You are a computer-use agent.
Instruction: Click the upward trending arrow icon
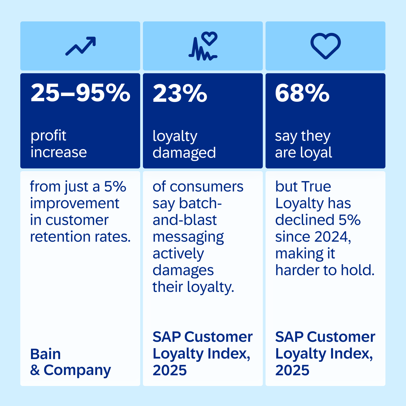tap(81, 46)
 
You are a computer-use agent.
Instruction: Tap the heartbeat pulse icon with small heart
tap(203, 46)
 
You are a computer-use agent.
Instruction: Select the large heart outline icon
tap(326, 46)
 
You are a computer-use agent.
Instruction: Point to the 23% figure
tap(180, 93)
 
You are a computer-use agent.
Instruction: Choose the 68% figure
tap(302, 93)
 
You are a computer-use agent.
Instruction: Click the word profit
tap(48, 136)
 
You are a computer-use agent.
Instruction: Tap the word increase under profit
tap(58, 152)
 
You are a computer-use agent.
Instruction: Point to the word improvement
tap(74, 204)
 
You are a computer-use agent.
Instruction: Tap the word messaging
tap(188, 237)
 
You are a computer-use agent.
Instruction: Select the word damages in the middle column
tap(183, 270)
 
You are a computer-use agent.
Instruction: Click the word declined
tap(305, 220)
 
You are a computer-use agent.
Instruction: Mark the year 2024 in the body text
tap(331, 237)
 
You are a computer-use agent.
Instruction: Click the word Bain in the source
tap(45, 354)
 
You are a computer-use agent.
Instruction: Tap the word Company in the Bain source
tap(77, 370)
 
